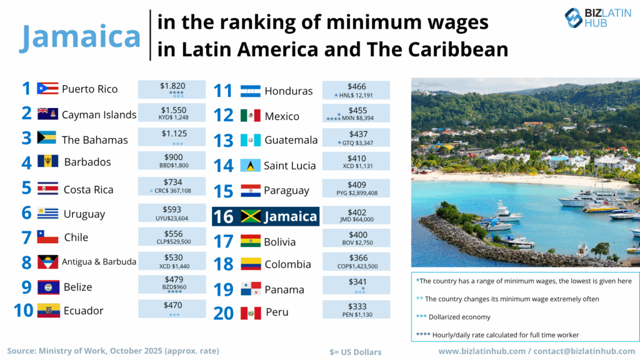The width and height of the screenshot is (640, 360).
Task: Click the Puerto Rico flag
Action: point(47,89)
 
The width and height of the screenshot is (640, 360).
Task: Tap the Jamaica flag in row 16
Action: point(251,216)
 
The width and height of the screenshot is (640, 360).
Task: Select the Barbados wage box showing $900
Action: point(172,161)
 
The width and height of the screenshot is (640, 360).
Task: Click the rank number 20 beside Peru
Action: point(223,312)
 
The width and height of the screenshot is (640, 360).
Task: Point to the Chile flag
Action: point(47,237)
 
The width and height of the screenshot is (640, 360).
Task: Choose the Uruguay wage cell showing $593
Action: point(172,213)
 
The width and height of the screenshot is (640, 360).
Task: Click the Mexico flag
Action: point(251,116)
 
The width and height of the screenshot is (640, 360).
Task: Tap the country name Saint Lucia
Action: point(289,166)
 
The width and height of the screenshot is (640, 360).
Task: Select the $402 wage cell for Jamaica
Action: point(356,216)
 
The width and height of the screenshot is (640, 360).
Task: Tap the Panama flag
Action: point(251,289)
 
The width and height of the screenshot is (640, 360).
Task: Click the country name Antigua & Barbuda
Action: point(99,262)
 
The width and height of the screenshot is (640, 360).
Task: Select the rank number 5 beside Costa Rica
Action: point(26,188)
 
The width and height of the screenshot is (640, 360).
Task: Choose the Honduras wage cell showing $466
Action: point(356,90)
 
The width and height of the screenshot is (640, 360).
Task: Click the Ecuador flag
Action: point(48,310)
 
